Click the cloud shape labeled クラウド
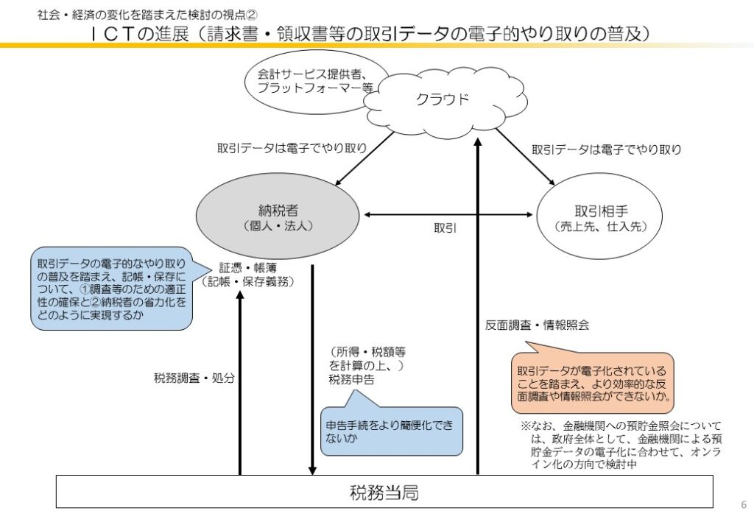pos(442,101)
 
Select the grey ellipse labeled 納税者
pos(278,216)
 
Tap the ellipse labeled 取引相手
pos(601,216)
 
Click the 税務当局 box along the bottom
pos(384,491)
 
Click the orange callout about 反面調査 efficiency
pos(593,383)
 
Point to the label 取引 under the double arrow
pos(445,228)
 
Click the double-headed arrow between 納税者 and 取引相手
pos(448,214)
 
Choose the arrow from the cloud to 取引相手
pos(525,157)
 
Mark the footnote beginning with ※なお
pos(623,445)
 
